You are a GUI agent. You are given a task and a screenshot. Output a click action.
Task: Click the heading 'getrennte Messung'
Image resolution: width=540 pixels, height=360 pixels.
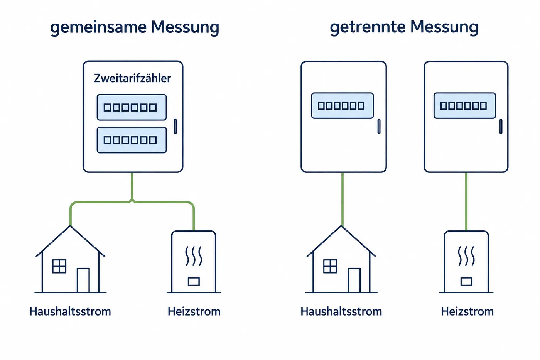[x=404, y=27]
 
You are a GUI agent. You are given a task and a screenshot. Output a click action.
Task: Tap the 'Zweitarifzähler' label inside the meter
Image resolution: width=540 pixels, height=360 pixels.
[x=132, y=78]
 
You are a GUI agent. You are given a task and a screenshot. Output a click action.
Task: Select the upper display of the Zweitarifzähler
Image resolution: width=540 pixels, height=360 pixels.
[x=132, y=107]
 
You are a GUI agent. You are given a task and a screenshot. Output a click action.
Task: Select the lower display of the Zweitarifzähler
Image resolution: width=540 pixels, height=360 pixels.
[x=132, y=140]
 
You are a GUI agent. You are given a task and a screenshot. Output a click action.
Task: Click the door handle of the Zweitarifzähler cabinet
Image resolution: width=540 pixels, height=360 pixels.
[x=175, y=126]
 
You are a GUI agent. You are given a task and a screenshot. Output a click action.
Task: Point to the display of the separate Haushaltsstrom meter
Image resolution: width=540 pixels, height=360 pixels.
[x=343, y=106]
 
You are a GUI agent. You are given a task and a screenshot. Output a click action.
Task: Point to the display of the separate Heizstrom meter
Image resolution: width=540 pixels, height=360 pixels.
[x=465, y=106]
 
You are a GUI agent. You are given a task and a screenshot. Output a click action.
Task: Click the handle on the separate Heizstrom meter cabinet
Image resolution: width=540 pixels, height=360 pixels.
[x=501, y=126]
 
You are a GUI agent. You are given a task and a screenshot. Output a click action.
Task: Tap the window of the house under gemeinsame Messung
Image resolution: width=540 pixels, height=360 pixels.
[x=59, y=266]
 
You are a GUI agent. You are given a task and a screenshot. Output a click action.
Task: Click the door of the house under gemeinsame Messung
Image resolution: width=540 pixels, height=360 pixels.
[x=83, y=280]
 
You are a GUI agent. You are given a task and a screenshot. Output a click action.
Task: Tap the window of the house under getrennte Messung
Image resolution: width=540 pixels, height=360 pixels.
[x=330, y=266]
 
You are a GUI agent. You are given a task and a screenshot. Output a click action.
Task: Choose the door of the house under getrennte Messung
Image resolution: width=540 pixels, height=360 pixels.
[x=354, y=280]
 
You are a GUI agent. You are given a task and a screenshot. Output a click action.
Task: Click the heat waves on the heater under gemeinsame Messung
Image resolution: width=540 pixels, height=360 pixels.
[x=194, y=256]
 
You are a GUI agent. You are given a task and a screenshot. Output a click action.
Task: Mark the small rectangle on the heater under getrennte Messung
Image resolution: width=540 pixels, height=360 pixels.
[x=466, y=282]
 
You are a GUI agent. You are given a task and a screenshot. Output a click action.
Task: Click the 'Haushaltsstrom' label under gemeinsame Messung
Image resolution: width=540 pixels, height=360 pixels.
[x=70, y=311]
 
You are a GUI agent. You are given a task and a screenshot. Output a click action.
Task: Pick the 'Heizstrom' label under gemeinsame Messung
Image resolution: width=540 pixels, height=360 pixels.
[x=194, y=311]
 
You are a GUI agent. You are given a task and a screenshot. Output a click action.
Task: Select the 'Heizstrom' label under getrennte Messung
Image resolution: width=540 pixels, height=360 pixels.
[x=467, y=311]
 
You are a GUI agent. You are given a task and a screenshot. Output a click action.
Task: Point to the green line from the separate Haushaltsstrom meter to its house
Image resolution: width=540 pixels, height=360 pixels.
[x=343, y=199]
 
